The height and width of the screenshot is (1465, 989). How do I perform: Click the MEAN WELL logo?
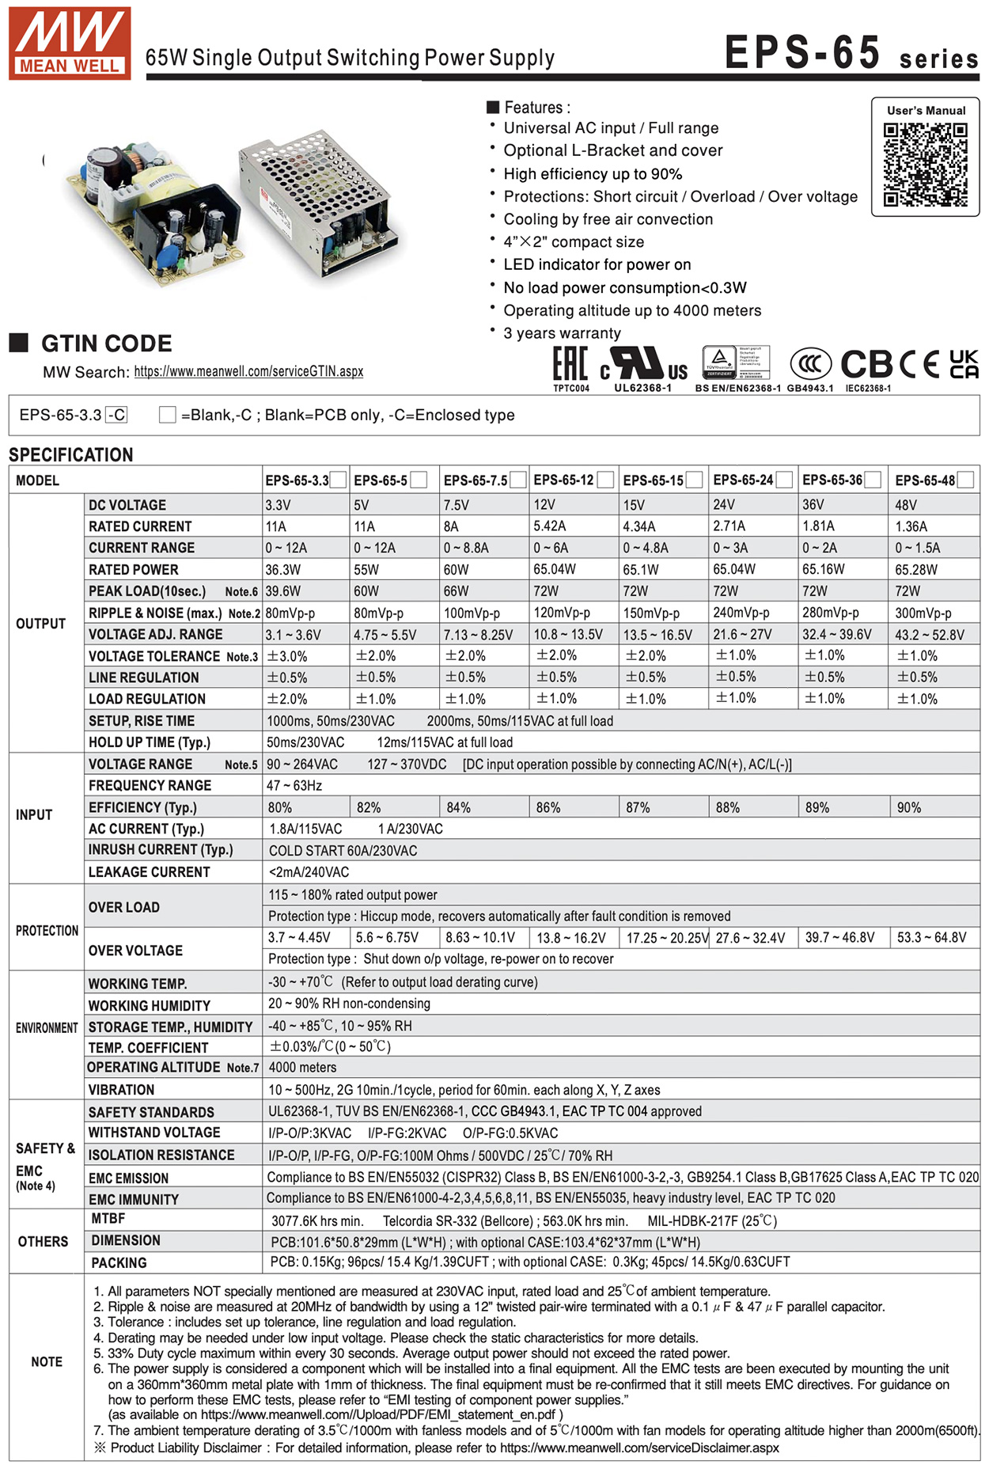point(70,44)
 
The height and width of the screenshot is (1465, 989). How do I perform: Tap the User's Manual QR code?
point(925,165)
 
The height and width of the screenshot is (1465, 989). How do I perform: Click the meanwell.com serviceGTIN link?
point(248,371)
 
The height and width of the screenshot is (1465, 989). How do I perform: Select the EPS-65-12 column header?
point(563,480)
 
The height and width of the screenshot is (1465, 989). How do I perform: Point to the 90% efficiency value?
point(909,807)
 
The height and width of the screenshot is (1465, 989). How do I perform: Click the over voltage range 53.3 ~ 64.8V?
point(931,938)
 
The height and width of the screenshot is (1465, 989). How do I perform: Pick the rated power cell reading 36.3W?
point(282,570)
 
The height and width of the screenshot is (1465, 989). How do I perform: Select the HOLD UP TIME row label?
point(150,742)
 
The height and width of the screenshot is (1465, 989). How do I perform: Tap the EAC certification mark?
point(570,365)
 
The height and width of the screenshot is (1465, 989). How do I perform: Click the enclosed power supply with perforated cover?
point(322,205)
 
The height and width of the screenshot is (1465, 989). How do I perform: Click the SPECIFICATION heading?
point(71,455)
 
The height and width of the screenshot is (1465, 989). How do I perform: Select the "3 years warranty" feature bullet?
point(562,333)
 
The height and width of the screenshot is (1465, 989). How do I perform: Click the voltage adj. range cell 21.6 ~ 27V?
point(741,635)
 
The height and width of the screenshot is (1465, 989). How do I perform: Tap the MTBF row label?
point(108,1219)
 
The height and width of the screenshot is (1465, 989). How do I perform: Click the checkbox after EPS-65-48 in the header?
point(964,480)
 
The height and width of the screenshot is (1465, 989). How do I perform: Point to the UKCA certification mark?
point(963,364)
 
